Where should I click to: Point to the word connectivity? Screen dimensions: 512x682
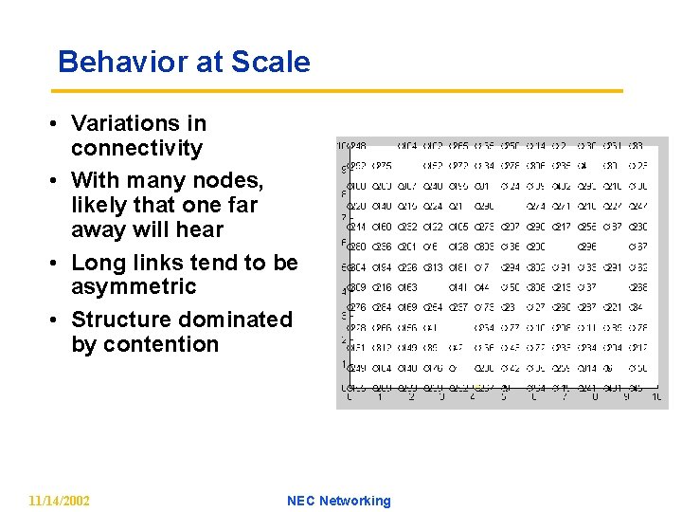[136, 148]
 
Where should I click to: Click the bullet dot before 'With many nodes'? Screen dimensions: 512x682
[58, 180]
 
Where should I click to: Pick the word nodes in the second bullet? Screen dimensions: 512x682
[229, 180]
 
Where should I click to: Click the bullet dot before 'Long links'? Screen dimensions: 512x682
[58, 263]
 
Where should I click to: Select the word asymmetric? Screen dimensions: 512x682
[134, 286]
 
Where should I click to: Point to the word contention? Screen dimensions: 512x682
[144, 344]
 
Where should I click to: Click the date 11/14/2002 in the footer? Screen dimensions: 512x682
[60, 501]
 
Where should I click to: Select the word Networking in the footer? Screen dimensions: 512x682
[354, 501]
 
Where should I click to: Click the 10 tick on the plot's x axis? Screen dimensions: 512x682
[655, 397]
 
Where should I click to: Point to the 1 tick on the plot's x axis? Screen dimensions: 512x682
[379, 397]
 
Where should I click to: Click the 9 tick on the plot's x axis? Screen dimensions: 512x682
[625, 397]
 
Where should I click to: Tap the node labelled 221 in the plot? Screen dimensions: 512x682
[613, 307]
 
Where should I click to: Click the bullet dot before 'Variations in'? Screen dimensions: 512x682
[58, 124]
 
